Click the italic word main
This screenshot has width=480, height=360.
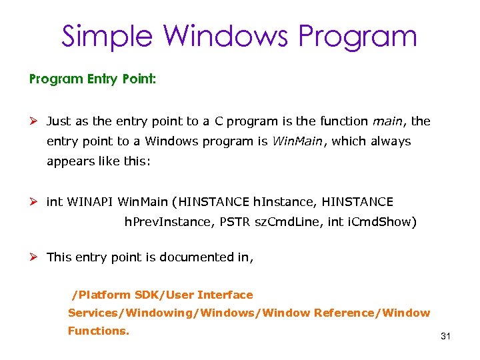coord(388,121)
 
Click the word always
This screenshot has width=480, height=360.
coord(389,141)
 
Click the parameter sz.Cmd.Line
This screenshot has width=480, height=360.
coord(287,221)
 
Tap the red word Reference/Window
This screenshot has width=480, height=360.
coord(371,313)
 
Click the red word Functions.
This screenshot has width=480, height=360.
coord(99,331)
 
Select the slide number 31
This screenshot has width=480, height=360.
coord(446,337)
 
